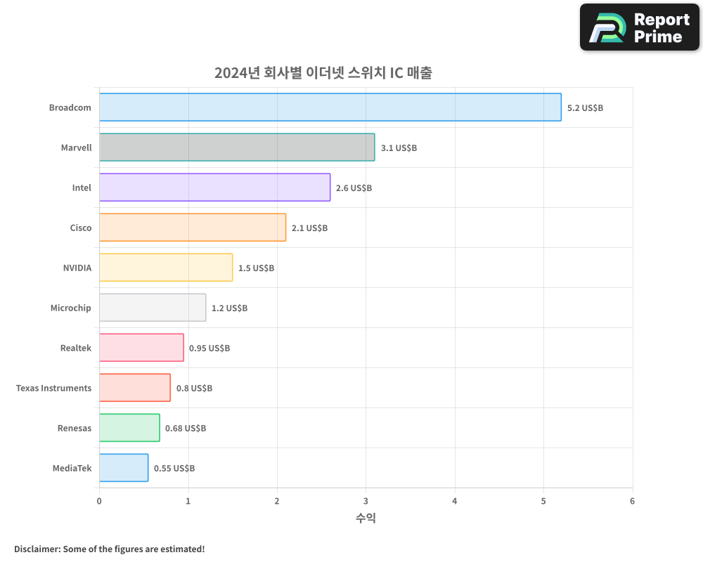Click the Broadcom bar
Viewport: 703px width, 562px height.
click(x=330, y=107)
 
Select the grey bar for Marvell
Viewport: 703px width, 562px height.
click(x=237, y=148)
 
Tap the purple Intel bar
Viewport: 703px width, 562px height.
click(x=214, y=188)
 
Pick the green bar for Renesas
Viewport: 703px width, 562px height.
click(x=129, y=428)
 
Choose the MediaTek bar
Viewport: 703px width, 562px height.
click(x=124, y=468)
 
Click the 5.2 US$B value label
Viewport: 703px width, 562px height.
click(x=585, y=108)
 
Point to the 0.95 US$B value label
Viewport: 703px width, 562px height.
click(x=209, y=348)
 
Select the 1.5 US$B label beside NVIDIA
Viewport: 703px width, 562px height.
click(x=256, y=268)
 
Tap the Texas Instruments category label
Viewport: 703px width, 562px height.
click(x=53, y=388)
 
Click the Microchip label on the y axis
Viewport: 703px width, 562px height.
click(x=70, y=308)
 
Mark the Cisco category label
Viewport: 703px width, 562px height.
click(x=80, y=228)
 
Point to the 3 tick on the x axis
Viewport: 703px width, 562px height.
click(x=366, y=502)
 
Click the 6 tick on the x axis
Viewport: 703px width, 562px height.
click(x=632, y=502)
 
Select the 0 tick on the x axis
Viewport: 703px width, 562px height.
click(x=99, y=502)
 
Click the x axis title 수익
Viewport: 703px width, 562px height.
click(x=366, y=518)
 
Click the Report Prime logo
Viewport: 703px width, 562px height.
click(x=640, y=27)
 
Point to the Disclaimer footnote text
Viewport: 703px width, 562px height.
click(x=110, y=549)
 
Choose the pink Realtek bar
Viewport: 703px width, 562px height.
click(x=141, y=348)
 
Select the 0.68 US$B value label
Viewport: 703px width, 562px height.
click(x=186, y=429)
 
